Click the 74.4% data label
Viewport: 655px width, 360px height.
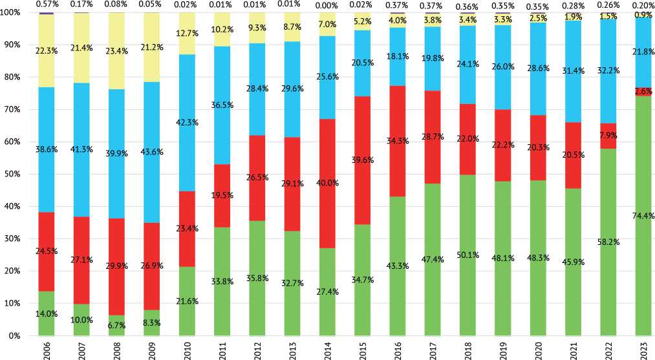(x=643, y=216)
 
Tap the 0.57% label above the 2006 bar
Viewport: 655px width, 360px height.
(x=47, y=5)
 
